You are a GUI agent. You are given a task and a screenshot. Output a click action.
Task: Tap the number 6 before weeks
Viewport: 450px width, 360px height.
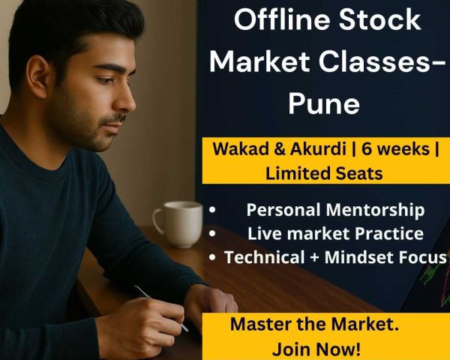[367, 149]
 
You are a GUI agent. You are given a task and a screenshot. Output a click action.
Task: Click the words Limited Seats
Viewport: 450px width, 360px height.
[324, 173]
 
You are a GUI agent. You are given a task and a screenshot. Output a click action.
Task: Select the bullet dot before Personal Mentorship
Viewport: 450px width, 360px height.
[212, 210]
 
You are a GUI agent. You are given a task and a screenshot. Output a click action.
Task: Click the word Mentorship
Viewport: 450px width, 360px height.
[375, 210]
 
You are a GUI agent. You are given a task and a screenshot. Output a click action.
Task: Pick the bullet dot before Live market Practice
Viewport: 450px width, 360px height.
[212, 233]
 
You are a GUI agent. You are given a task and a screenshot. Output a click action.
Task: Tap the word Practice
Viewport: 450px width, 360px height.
[389, 233]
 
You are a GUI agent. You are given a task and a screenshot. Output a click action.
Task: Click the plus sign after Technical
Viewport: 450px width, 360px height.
[314, 257]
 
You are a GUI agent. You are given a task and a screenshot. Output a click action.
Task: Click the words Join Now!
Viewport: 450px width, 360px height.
[316, 349]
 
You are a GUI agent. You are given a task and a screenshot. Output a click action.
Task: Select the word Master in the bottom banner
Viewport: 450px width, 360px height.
[260, 324]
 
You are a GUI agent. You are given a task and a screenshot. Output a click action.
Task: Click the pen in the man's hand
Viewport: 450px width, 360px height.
[160, 308]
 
